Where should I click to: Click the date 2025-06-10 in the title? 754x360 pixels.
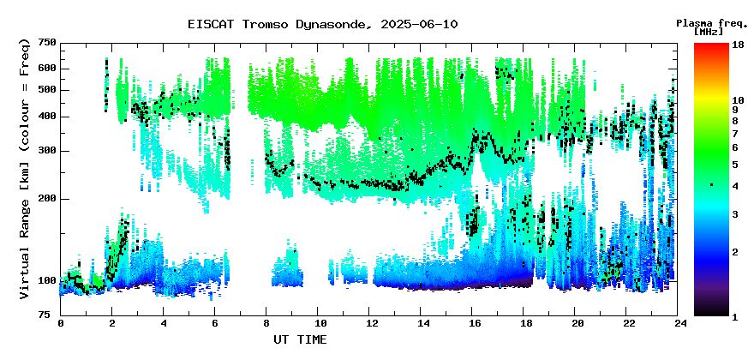(x=419, y=25)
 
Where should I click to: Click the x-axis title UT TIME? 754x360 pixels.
(x=300, y=339)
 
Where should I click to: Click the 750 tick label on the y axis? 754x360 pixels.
(x=48, y=44)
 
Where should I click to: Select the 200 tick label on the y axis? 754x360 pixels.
(x=48, y=199)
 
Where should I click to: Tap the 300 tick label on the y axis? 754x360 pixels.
(x=48, y=151)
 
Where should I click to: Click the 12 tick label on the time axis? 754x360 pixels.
(x=368, y=323)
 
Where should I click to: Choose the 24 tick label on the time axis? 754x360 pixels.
(x=678, y=323)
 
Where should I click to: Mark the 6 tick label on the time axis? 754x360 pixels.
(x=215, y=323)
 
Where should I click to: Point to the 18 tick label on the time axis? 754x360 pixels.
(x=524, y=323)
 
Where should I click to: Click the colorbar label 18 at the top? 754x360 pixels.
(x=738, y=45)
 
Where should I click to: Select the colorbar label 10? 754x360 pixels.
(x=738, y=100)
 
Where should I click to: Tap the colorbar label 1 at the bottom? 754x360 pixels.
(x=735, y=318)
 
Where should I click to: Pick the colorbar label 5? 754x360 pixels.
(x=735, y=165)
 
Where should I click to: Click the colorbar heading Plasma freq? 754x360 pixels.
(x=712, y=23)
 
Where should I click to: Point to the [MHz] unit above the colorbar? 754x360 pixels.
(x=709, y=32)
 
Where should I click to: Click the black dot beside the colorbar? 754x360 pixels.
(x=711, y=185)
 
